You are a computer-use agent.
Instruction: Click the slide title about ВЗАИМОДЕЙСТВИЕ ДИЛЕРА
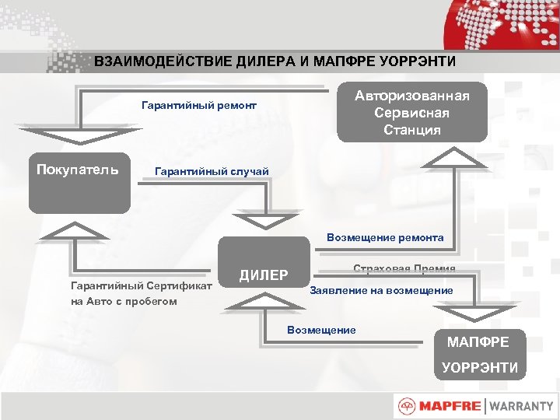pos(275,61)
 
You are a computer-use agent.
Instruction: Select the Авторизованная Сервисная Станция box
pos(412,113)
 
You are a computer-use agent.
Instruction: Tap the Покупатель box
pos(79,185)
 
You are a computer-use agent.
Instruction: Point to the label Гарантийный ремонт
pos(199,105)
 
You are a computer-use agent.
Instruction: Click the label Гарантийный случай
pos(212,170)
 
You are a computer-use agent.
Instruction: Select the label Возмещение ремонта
pos(385,237)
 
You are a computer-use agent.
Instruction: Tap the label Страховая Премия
pos(404,268)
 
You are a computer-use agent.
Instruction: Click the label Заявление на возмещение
pos(381,290)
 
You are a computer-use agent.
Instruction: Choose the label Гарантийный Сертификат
pos(142,286)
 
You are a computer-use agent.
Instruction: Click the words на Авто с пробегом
pos(124,301)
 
